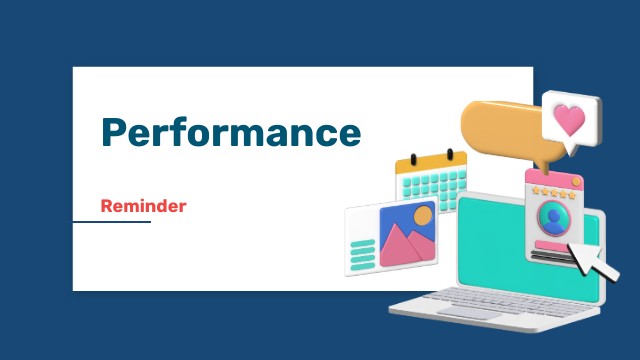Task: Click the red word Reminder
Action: tap(143, 206)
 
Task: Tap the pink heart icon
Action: tap(569, 121)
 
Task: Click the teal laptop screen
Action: tap(500, 245)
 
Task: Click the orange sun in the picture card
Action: tap(423, 215)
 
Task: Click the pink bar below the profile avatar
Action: tap(549, 243)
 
